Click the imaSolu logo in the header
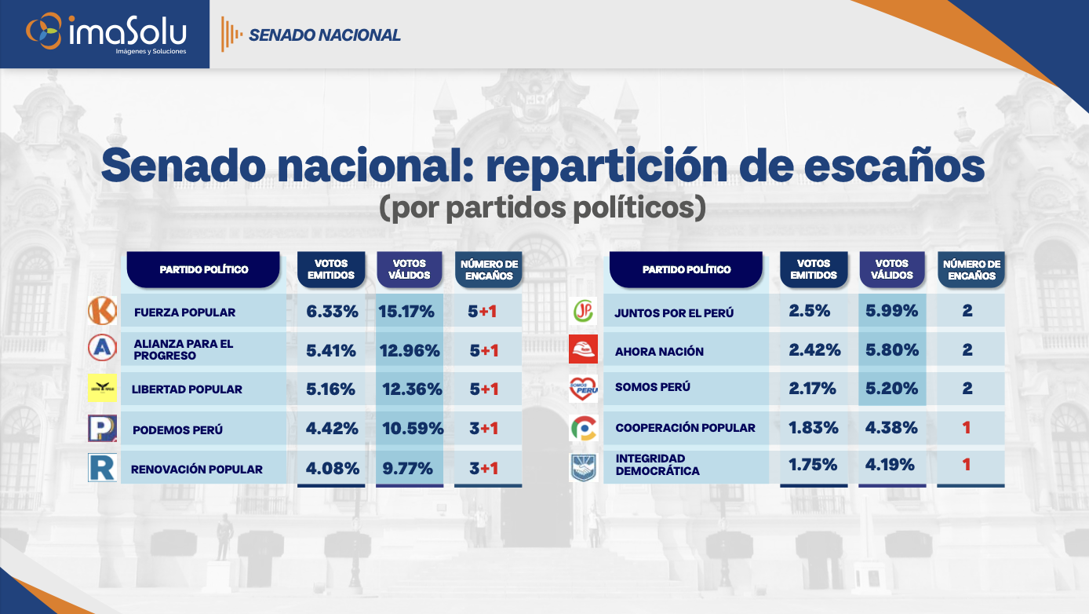click(x=106, y=34)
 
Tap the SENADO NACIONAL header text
click(x=324, y=35)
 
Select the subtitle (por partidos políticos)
click(x=543, y=206)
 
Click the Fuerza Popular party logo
click(x=103, y=311)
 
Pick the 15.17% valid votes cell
click(x=406, y=312)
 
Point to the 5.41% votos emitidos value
click(x=332, y=350)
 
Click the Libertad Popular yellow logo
click(x=103, y=389)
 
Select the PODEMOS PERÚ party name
click(x=178, y=429)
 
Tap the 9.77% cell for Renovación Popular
click(x=406, y=469)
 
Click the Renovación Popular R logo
click(x=103, y=468)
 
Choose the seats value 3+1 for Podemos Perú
click(x=484, y=429)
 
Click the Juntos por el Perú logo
click(x=583, y=312)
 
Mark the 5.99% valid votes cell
click(x=891, y=311)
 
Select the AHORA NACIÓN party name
click(x=659, y=351)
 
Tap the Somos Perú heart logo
click(x=583, y=389)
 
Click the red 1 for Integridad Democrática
click(x=967, y=465)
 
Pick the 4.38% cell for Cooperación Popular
click(x=891, y=428)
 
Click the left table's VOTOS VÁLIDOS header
click(x=410, y=269)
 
